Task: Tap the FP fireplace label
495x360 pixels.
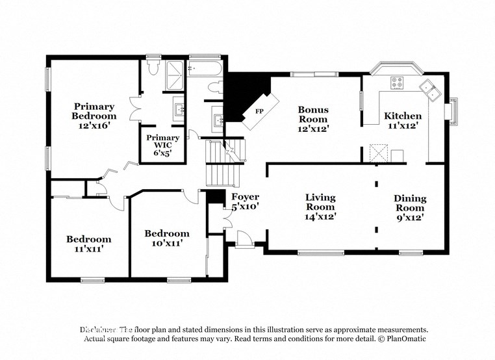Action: click(x=259, y=112)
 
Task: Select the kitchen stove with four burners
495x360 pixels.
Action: click(x=396, y=83)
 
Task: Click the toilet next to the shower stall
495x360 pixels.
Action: click(x=152, y=66)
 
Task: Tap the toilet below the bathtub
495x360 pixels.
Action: click(x=212, y=88)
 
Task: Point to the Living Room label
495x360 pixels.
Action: click(x=321, y=202)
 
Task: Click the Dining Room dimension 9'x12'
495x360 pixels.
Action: click(x=410, y=218)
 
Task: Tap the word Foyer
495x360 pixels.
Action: click(x=245, y=197)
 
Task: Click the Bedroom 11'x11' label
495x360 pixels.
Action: click(x=88, y=244)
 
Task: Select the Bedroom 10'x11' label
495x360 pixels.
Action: click(x=167, y=238)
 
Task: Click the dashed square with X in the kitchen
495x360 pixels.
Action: click(x=378, y=153)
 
